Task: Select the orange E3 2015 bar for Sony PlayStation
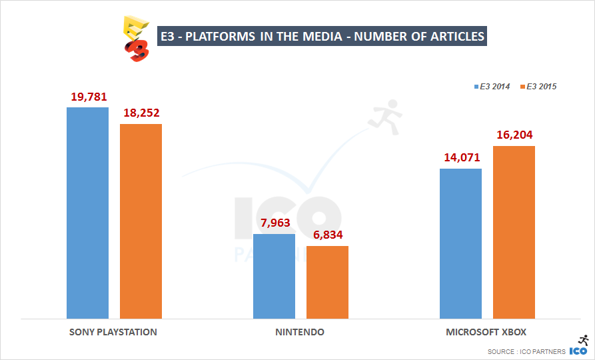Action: tap(141, 221)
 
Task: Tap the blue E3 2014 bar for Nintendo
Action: tap(274, 276)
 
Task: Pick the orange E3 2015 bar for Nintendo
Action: tap(327, 282)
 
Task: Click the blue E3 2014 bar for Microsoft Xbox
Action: tap(460, 243)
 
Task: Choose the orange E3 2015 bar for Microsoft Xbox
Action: tap(514, 232)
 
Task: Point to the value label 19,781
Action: tap(89, 98)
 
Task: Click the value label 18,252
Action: tap(141, 113)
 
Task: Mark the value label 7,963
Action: tap(275, 223)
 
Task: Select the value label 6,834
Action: tap(328, 235)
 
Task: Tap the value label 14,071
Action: tap(460, 158)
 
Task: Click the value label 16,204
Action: tap(514, 135)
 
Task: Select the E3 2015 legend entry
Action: tap(538, 87)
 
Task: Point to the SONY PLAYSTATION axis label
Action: tap(113, 331)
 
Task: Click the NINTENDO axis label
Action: tap(300, 331)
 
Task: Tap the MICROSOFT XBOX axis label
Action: tap(486, 331)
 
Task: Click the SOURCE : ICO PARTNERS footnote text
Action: tap(526, 351)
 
